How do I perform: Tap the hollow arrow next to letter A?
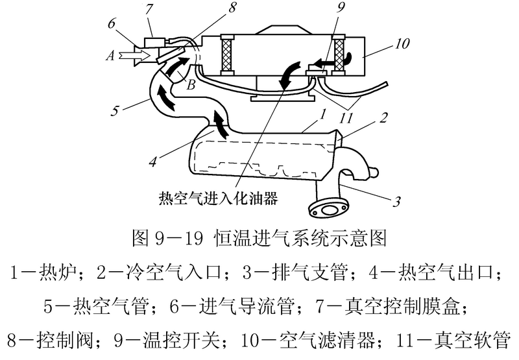tap(134, 56)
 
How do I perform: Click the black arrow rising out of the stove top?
tap(221, 123)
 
